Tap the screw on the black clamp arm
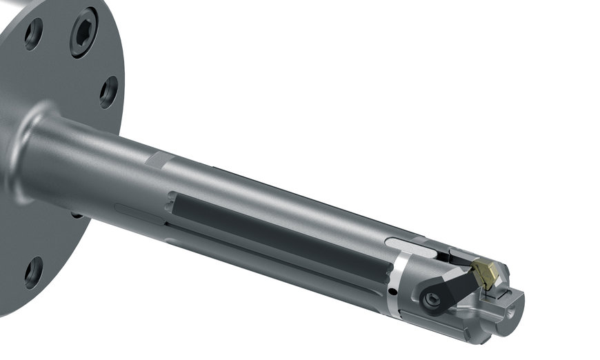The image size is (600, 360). point(433,299)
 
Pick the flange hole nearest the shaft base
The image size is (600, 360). point(108,91)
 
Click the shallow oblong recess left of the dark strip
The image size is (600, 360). point(138,208)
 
